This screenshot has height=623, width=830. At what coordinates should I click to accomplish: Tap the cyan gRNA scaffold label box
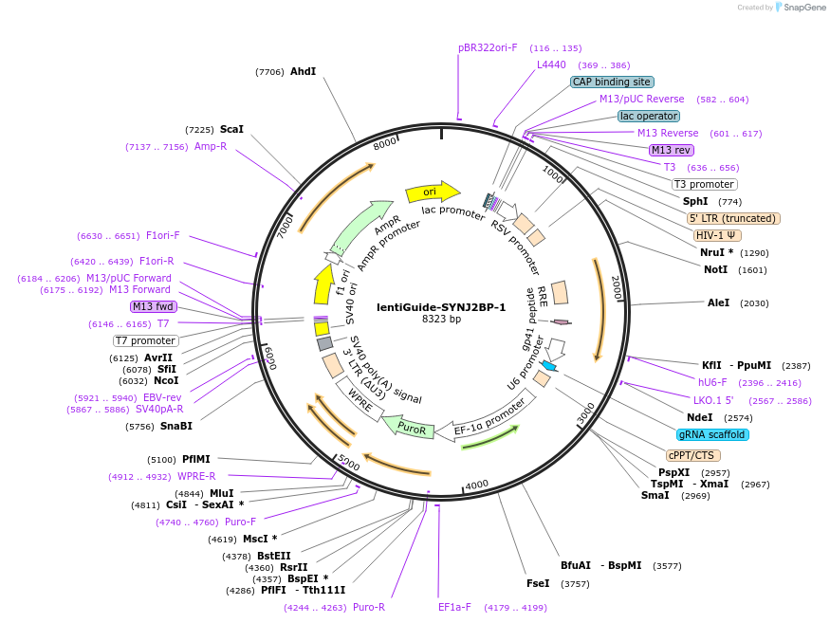(x=712, y=434)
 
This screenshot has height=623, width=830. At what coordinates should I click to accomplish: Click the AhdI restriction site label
(x=303, y=71)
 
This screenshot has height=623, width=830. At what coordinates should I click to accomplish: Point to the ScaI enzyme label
(x=231, y=129)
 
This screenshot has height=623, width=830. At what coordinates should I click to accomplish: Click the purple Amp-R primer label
(x=211, y=146)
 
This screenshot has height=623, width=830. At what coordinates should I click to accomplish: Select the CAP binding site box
(x=612, y=82)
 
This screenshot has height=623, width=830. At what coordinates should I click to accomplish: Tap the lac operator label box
(x=648, y=116)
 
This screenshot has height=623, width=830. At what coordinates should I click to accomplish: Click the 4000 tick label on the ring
(x=477, y=485)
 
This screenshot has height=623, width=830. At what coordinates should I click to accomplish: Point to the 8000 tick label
(x=384, y=144)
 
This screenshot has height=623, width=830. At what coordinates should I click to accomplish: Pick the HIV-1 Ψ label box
(x=717, y=235)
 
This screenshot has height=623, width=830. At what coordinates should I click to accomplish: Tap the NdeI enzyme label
(x=699, y=417)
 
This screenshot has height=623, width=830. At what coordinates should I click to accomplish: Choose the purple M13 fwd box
(x=154, y=306)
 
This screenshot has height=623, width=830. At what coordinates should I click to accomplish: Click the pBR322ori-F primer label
(x=488, y=47)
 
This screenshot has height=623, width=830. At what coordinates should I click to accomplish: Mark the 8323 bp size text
(x=441, y=320)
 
